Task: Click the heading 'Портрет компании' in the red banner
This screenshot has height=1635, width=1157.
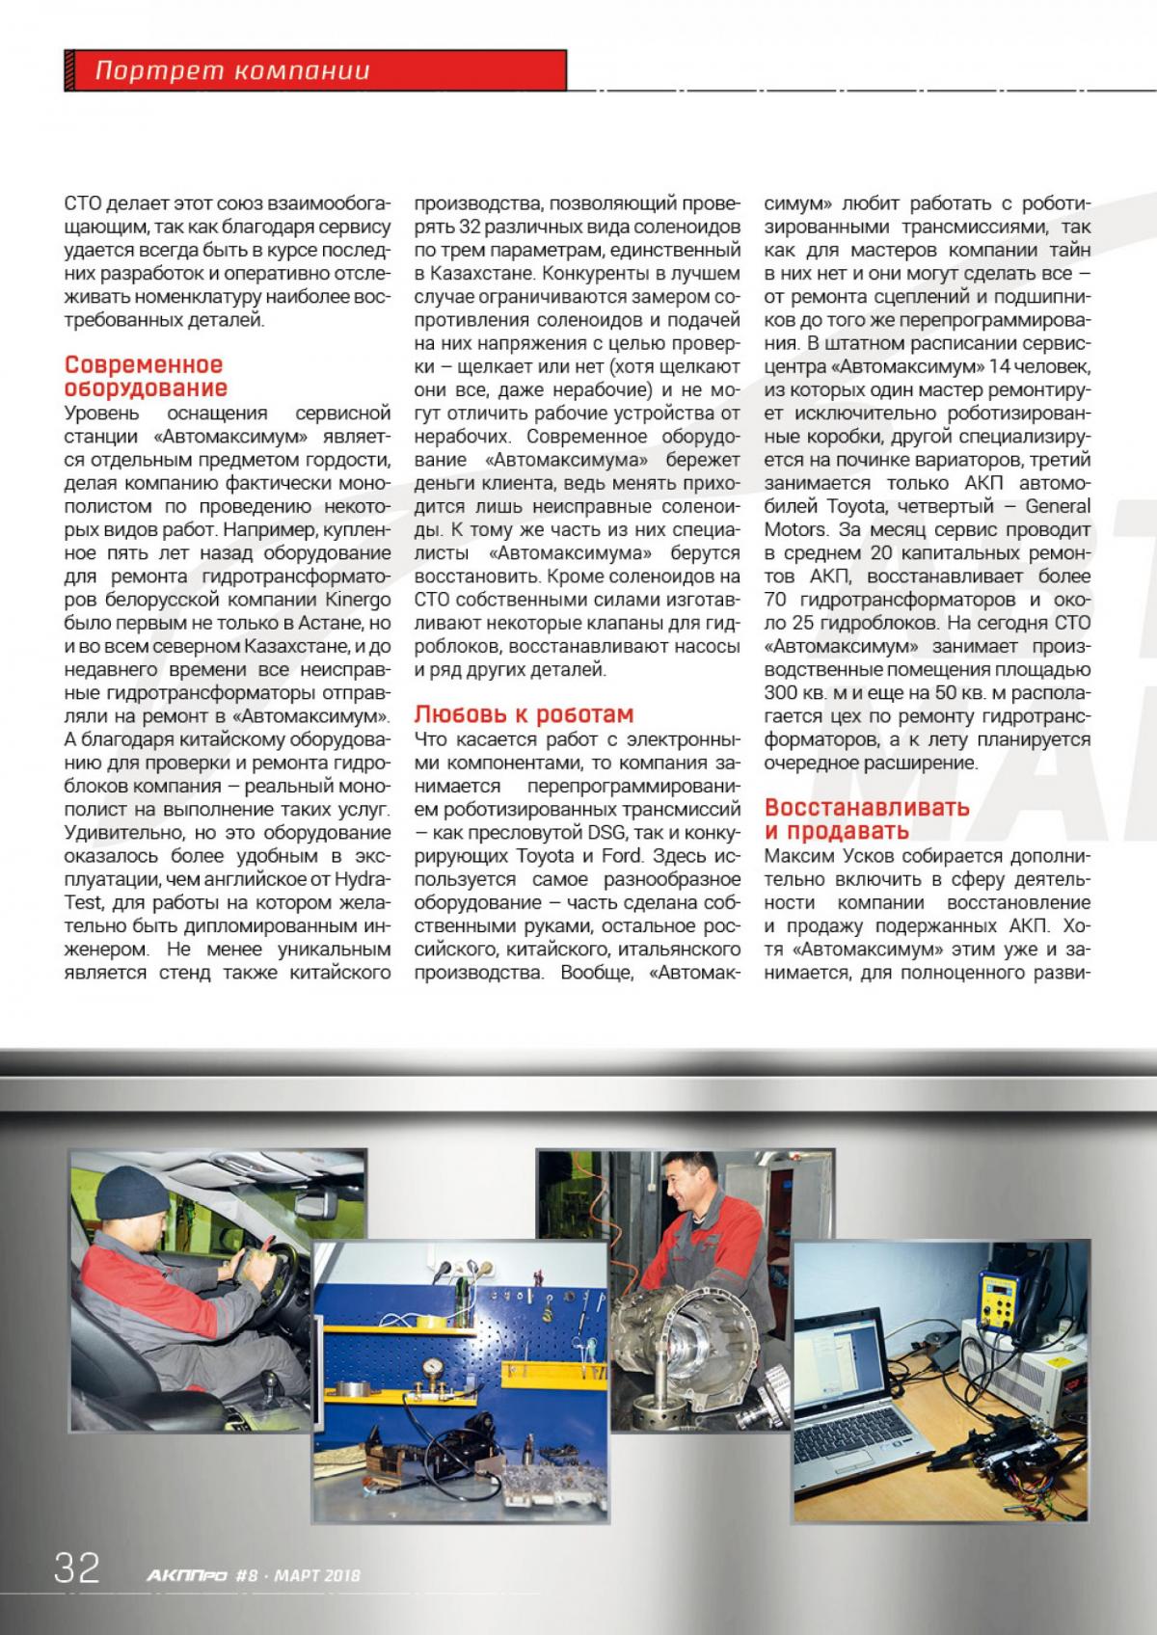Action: click(x=232, y=70)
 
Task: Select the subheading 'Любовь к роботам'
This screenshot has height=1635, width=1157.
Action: click(x=524, y=714)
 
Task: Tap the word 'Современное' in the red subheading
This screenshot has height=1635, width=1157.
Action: click(x=144, y=364)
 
